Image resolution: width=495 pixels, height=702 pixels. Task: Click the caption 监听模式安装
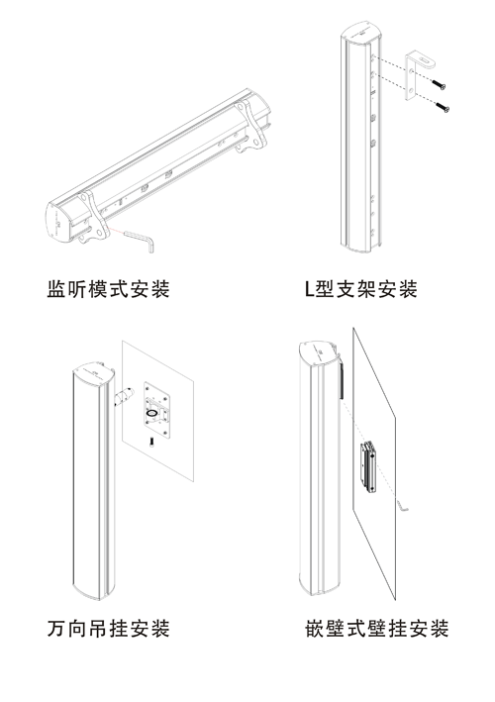point(108,289)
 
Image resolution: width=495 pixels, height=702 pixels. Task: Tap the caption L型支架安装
point(360,289)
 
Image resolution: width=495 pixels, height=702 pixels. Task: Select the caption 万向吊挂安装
point(108,628)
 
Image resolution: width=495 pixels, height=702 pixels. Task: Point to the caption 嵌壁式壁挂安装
point(377,628)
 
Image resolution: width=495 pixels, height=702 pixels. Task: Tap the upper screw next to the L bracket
point(439,85)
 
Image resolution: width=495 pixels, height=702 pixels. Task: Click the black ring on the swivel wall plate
point(152,413)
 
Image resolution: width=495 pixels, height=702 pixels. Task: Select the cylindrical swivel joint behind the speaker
point(123,396)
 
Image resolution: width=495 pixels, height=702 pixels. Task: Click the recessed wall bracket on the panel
point(369,467)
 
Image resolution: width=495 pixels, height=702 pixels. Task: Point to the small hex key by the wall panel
point(403,505)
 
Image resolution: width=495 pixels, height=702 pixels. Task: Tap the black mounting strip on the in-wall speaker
point(342,380)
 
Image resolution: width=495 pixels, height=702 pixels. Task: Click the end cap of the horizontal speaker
point(58,223)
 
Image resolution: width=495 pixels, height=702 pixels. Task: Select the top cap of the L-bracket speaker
point(360,32)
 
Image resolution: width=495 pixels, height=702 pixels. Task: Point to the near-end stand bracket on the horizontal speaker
point(93,218)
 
